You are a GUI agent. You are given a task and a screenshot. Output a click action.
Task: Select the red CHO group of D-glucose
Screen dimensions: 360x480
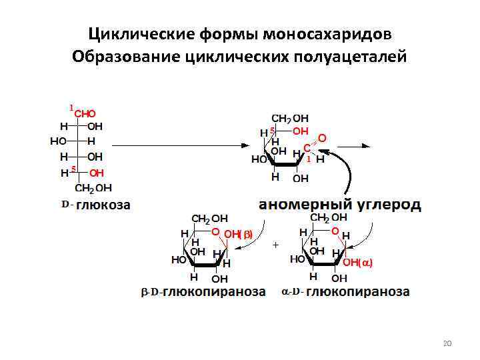85,114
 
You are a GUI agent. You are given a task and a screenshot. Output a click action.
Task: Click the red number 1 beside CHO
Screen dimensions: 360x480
71,107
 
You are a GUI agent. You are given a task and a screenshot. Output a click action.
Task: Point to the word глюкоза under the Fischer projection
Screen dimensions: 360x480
103,205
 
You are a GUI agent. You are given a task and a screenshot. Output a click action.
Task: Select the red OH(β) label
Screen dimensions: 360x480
239,234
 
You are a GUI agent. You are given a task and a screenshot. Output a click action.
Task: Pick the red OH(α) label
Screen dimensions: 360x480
357,263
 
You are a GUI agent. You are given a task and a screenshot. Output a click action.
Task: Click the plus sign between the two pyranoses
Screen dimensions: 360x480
275,245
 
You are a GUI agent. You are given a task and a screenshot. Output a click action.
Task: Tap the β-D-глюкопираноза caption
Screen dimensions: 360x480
203,292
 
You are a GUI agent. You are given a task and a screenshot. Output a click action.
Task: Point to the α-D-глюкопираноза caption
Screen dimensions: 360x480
345,292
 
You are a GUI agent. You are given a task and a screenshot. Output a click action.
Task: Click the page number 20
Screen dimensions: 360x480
447,343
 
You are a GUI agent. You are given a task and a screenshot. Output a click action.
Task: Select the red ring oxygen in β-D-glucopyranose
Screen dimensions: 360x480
216,231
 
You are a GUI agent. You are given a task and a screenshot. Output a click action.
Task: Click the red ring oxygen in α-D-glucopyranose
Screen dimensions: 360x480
335,230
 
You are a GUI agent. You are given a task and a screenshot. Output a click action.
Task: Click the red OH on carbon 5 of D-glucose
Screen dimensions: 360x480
96,173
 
